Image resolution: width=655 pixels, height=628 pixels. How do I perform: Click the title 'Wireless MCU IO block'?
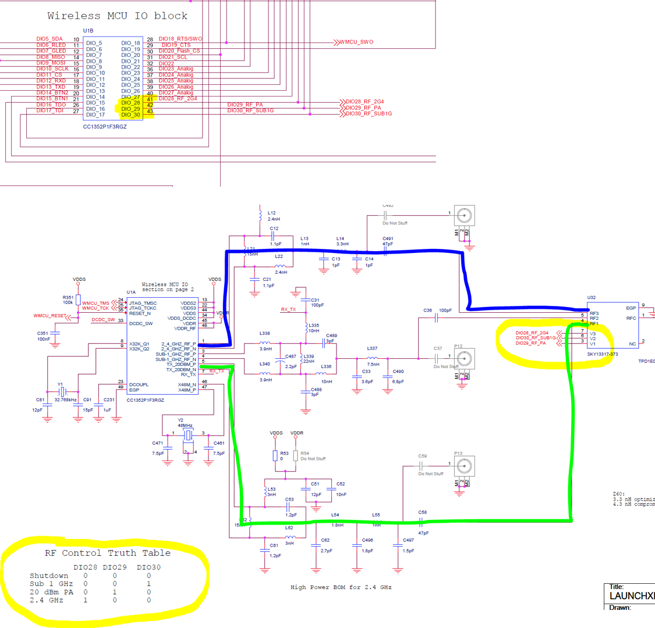point(118,16)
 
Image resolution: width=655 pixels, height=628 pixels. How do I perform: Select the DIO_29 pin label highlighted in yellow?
point(130,109)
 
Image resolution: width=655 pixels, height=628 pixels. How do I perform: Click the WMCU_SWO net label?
point(356,42)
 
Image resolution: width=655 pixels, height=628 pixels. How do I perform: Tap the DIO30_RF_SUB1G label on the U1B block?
point(250,110)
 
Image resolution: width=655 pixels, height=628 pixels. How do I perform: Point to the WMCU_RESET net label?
point(49,316)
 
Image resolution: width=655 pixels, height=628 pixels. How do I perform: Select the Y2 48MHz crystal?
point(188,435)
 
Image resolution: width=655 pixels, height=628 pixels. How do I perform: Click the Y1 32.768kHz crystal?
point(62,392)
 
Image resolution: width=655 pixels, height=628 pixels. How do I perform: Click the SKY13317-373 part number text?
point(603,354)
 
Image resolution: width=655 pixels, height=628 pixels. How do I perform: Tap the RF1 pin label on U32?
point(594,324)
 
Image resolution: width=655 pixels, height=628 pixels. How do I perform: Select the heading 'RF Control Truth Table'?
point(108,553)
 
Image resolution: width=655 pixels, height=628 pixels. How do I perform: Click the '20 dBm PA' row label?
point(52,592)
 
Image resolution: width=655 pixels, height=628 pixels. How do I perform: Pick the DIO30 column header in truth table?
point(149,567)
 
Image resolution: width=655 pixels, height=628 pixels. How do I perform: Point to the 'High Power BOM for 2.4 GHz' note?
point(341,587)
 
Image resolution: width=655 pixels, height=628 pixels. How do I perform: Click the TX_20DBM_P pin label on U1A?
point(181,364)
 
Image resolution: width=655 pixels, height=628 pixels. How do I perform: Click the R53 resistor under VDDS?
point(275,456)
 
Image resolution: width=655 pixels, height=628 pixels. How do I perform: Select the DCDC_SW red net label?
point(103,320)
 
